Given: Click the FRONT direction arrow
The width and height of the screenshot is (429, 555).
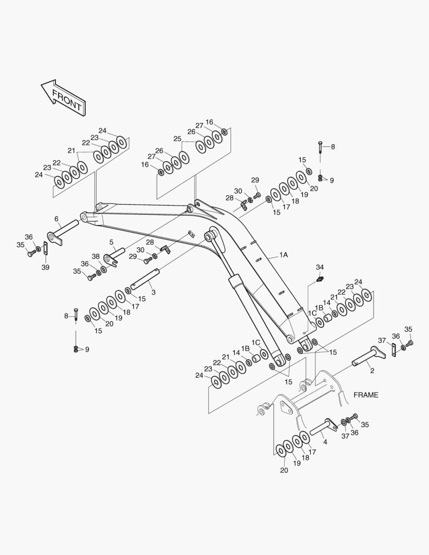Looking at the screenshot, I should (x=64, y=98).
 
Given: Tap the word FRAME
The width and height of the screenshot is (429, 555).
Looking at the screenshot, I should (x=366, y=395).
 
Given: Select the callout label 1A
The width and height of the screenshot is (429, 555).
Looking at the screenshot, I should (x=283, y=255).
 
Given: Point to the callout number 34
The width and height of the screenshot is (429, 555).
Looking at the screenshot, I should (x=320, y=267).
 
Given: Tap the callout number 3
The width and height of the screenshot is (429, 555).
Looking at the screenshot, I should (x=153, y=292).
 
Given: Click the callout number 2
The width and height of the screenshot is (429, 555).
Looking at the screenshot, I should (x=372, y=370).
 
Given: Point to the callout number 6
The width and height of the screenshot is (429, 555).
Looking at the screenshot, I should (x=56, y=219).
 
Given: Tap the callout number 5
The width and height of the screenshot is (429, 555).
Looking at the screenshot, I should (x=111, y=242).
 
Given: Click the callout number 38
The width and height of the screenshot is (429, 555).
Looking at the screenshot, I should (x=96, y=256).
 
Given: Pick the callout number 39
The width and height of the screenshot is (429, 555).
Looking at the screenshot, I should (x=46, y=267).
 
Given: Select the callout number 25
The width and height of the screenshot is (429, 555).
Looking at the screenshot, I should (x=177, y=139).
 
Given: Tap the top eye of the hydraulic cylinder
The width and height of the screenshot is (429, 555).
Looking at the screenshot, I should (x=210, y=236).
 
